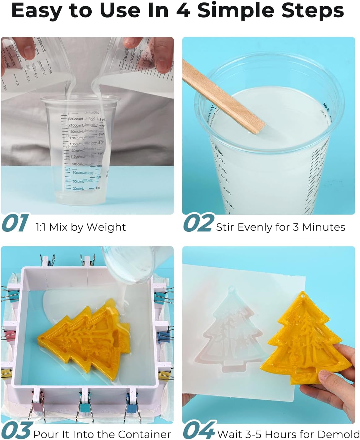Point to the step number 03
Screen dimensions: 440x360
[x=17, y=430]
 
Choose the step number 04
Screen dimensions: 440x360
[x=199, y=430]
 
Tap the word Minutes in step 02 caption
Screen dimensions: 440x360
[x=323, y=227]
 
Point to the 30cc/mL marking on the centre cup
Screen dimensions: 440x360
[x=78, y=188]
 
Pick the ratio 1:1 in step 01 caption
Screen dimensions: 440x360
[x=41, y=227]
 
